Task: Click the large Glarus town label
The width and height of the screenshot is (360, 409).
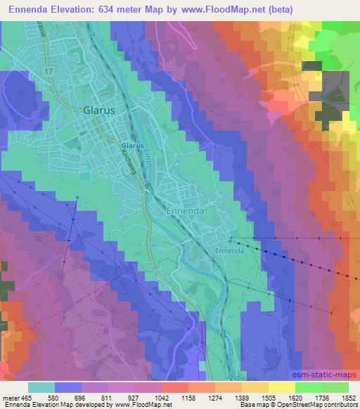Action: click(98, 110)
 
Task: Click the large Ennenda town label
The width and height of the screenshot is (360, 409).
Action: click(186, 210)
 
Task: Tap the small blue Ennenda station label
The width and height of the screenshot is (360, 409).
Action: click(229, 249)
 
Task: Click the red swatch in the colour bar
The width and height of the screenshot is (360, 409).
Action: click(174, 387)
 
